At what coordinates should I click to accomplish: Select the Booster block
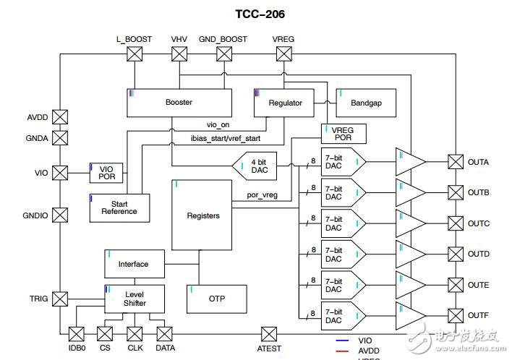pos(179,103)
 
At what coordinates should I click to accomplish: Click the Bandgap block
pos(366,103)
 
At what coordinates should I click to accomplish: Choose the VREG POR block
pos(344,134)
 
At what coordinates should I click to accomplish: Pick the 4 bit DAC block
pos(260,167)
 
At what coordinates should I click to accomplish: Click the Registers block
pos(202,215)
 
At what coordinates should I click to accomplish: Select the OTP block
pos(216,299)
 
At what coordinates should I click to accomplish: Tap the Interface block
pos(135,264)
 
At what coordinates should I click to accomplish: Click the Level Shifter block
pos(135,299)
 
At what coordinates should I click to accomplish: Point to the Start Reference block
pos(119,207)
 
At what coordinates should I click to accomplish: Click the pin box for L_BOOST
pos(134,53)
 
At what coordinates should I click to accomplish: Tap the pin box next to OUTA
pos(456,162)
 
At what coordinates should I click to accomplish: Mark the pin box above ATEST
pos(268,333)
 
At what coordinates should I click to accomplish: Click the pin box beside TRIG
pos(60,298)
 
